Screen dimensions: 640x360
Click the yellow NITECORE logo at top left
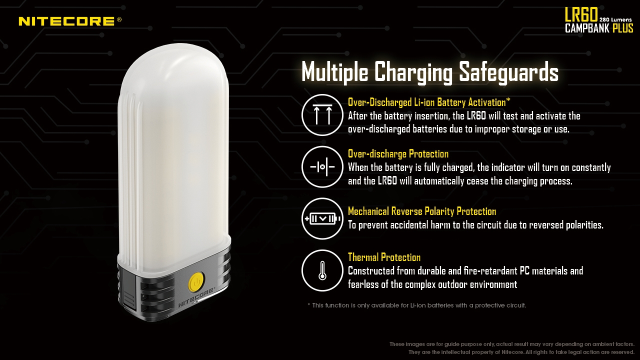pos(70,21)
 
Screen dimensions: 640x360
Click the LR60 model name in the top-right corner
pos(581,14)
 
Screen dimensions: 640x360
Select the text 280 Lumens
pos(614,19)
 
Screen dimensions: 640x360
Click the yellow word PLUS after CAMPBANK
pos(623,28)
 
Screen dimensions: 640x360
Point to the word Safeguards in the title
pos(508,72)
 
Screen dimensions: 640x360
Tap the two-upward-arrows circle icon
pos(322,115)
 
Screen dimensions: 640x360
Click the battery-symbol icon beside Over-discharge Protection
pos(322,167)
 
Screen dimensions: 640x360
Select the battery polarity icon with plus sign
pos(322,219)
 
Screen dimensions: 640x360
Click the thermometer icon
pos(322,270)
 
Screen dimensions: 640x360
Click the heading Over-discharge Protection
pos(398,154)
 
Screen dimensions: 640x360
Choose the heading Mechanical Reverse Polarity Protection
pos(422,211)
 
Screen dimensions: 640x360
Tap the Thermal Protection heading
pos(384,257)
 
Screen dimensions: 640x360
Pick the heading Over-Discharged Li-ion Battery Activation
pos(429,102)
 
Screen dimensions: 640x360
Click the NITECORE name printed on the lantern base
pos(196,297)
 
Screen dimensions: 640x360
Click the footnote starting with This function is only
pos(417,305)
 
